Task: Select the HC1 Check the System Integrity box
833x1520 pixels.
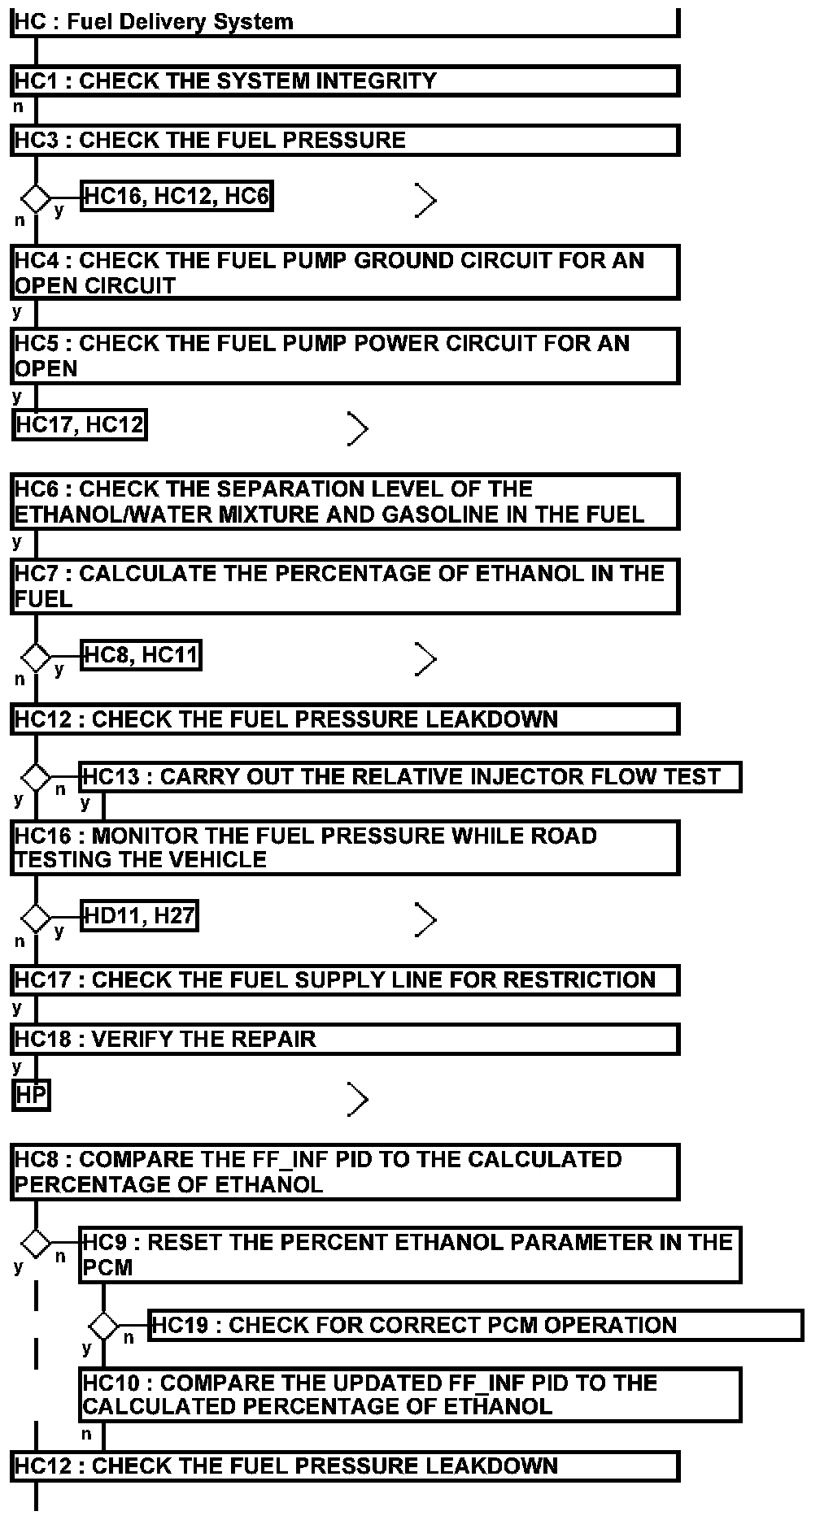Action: (345, 81)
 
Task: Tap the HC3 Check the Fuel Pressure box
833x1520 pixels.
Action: (345, 141)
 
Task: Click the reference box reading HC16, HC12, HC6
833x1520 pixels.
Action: (177, 196)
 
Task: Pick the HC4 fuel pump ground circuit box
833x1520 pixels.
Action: (345, 273)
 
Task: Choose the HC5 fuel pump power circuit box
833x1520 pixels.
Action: (345, 356)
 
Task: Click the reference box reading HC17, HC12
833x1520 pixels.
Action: (80, 424)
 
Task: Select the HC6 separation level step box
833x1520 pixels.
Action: (345, 502)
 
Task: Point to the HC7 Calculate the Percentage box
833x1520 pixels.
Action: (345, 586)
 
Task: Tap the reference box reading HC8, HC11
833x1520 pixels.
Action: (142, 655)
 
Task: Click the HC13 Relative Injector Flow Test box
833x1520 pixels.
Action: (410, 777)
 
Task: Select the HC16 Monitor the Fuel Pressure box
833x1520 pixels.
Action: (345, 848)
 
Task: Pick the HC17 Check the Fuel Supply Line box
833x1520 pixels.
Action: (345, 979)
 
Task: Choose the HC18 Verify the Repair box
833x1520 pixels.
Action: (345, 1040)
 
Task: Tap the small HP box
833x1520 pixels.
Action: (31, 1096)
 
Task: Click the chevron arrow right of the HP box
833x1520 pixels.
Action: (358, 1099)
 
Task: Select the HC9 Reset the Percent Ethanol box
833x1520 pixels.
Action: (410, 1255)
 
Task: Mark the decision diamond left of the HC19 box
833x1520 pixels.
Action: (103, 1326)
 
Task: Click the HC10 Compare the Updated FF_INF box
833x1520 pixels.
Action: (410, 1395)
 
